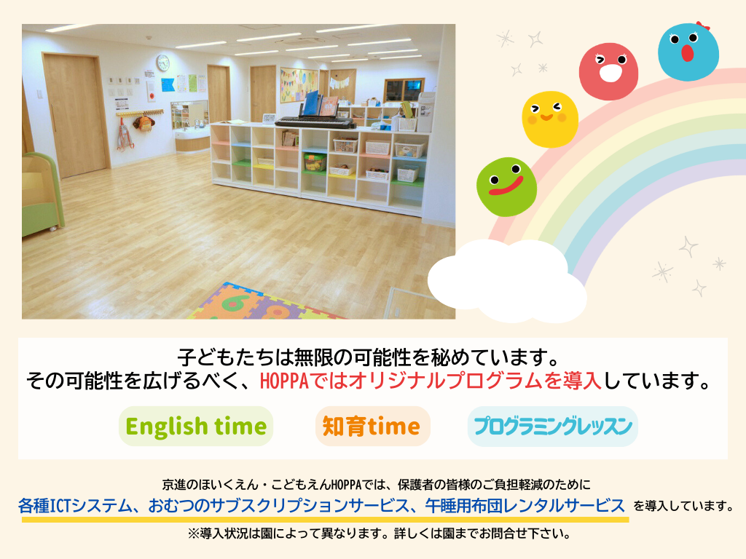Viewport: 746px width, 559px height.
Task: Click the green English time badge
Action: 195,426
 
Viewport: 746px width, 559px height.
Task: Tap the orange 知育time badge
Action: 372,426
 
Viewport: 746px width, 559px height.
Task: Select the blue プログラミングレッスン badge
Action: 552,426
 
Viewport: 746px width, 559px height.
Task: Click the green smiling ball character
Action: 507,187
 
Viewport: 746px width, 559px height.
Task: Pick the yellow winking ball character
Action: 550,119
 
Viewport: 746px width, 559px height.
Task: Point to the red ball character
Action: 608,71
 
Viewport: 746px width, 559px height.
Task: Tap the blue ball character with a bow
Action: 688,52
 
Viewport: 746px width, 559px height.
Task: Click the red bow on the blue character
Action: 703,25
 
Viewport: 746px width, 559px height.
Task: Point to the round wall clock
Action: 162,63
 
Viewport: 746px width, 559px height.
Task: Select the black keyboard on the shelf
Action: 315,122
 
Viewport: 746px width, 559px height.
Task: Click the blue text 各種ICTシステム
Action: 75,505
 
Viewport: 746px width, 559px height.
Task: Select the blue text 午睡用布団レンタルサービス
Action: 525,505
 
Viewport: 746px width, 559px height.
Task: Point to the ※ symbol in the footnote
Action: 193,534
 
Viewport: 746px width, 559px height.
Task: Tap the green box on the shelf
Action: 315,162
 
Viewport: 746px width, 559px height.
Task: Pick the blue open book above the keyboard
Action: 312,103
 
